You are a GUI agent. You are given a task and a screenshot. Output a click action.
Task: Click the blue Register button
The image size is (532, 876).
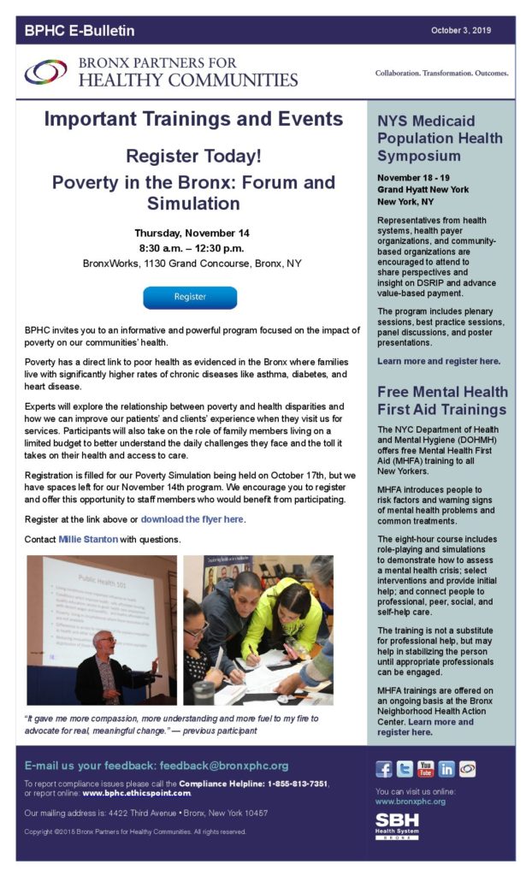190,297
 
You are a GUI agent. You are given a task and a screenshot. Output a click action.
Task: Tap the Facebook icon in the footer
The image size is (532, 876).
384,768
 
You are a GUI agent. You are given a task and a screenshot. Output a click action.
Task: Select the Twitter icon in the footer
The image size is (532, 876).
405,768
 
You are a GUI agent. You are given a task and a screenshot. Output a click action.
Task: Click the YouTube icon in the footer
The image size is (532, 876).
425,768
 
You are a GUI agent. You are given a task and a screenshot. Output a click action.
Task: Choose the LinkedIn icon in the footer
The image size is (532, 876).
446,768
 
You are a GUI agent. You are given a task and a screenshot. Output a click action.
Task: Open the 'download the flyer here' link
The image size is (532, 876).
192,519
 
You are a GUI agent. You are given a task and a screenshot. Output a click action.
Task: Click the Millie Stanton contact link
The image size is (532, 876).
90,540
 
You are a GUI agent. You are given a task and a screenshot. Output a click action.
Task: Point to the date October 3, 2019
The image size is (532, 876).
469,31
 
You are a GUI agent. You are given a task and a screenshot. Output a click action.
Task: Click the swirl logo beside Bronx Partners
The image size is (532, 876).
46,72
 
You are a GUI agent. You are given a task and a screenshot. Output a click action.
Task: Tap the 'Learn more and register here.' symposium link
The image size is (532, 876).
439,361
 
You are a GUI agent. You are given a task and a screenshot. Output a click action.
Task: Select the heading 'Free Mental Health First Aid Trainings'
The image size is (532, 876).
442,400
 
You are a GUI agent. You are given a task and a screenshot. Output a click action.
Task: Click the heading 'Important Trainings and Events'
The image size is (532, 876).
193,120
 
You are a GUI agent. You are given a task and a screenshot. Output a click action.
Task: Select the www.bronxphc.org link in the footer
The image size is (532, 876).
411,802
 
